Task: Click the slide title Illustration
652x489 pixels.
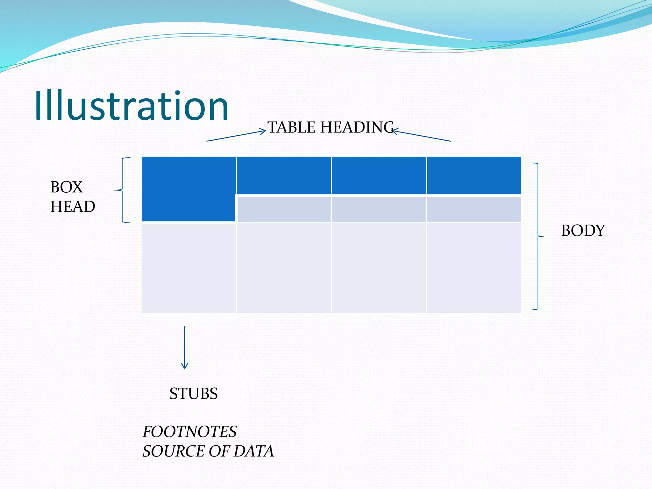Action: (x=131, y=106)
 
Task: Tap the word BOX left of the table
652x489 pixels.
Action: (x=67, y=187)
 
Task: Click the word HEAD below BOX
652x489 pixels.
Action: (x=73, y=207)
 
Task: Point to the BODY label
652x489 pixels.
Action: (x=583, y=230)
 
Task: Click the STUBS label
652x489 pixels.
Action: (x=194, y=394)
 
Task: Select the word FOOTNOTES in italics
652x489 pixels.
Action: (x=189, y=432)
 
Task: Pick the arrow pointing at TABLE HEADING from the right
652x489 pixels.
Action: (x=422, y=136)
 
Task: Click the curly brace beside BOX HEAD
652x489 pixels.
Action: (x=123, y=190)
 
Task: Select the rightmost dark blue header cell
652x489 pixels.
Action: (x=474, y=175)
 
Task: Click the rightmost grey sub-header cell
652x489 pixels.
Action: (x=474, y=209)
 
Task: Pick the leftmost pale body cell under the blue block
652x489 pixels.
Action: (x=188, y=268)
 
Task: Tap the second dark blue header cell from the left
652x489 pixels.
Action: (x=284, y=175)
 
